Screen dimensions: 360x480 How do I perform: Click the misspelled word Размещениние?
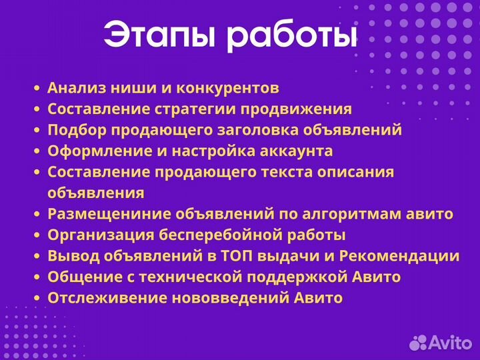click(x=109, y=214)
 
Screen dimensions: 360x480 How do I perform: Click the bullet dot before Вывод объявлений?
click(x=37, y=257)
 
